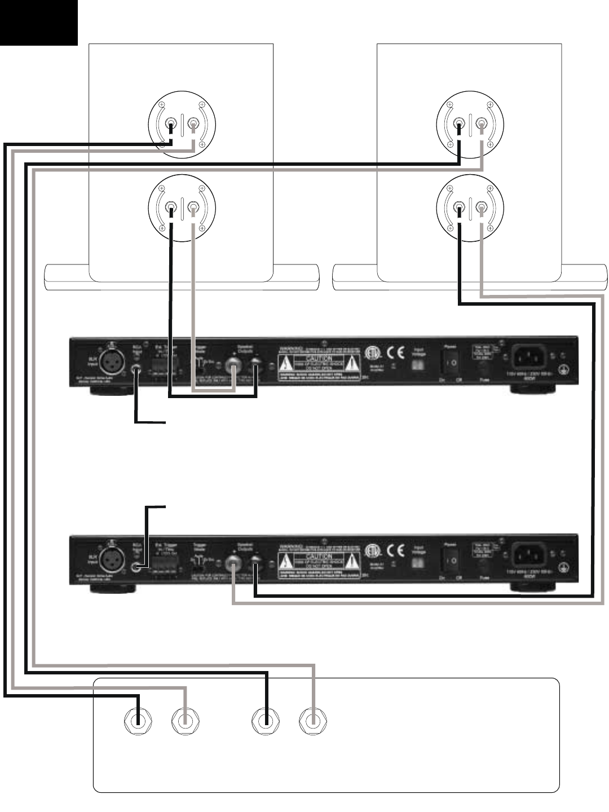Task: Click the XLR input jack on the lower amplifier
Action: pyautogui.click(x=110, y=559)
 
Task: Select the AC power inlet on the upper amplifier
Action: pyautogui.click(x=531, y=358)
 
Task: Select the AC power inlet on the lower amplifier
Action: pyautogui.click(x=531, y=554)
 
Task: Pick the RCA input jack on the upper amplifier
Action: pyautogui.click(x=136, y=369)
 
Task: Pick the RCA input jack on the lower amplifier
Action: pyautogui.click(x=136, y=567)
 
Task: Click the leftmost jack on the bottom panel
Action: pyautogui.click(x=138, y=721)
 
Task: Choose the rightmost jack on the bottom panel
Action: pyautogui.click(x=314, y=721)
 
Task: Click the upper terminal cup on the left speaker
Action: pyautogui.click(x=183, y=123)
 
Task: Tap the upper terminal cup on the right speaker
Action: pyautogui.click(x=471, y=123)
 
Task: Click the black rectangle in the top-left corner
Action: pyautogui.click(x=38, y=23)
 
